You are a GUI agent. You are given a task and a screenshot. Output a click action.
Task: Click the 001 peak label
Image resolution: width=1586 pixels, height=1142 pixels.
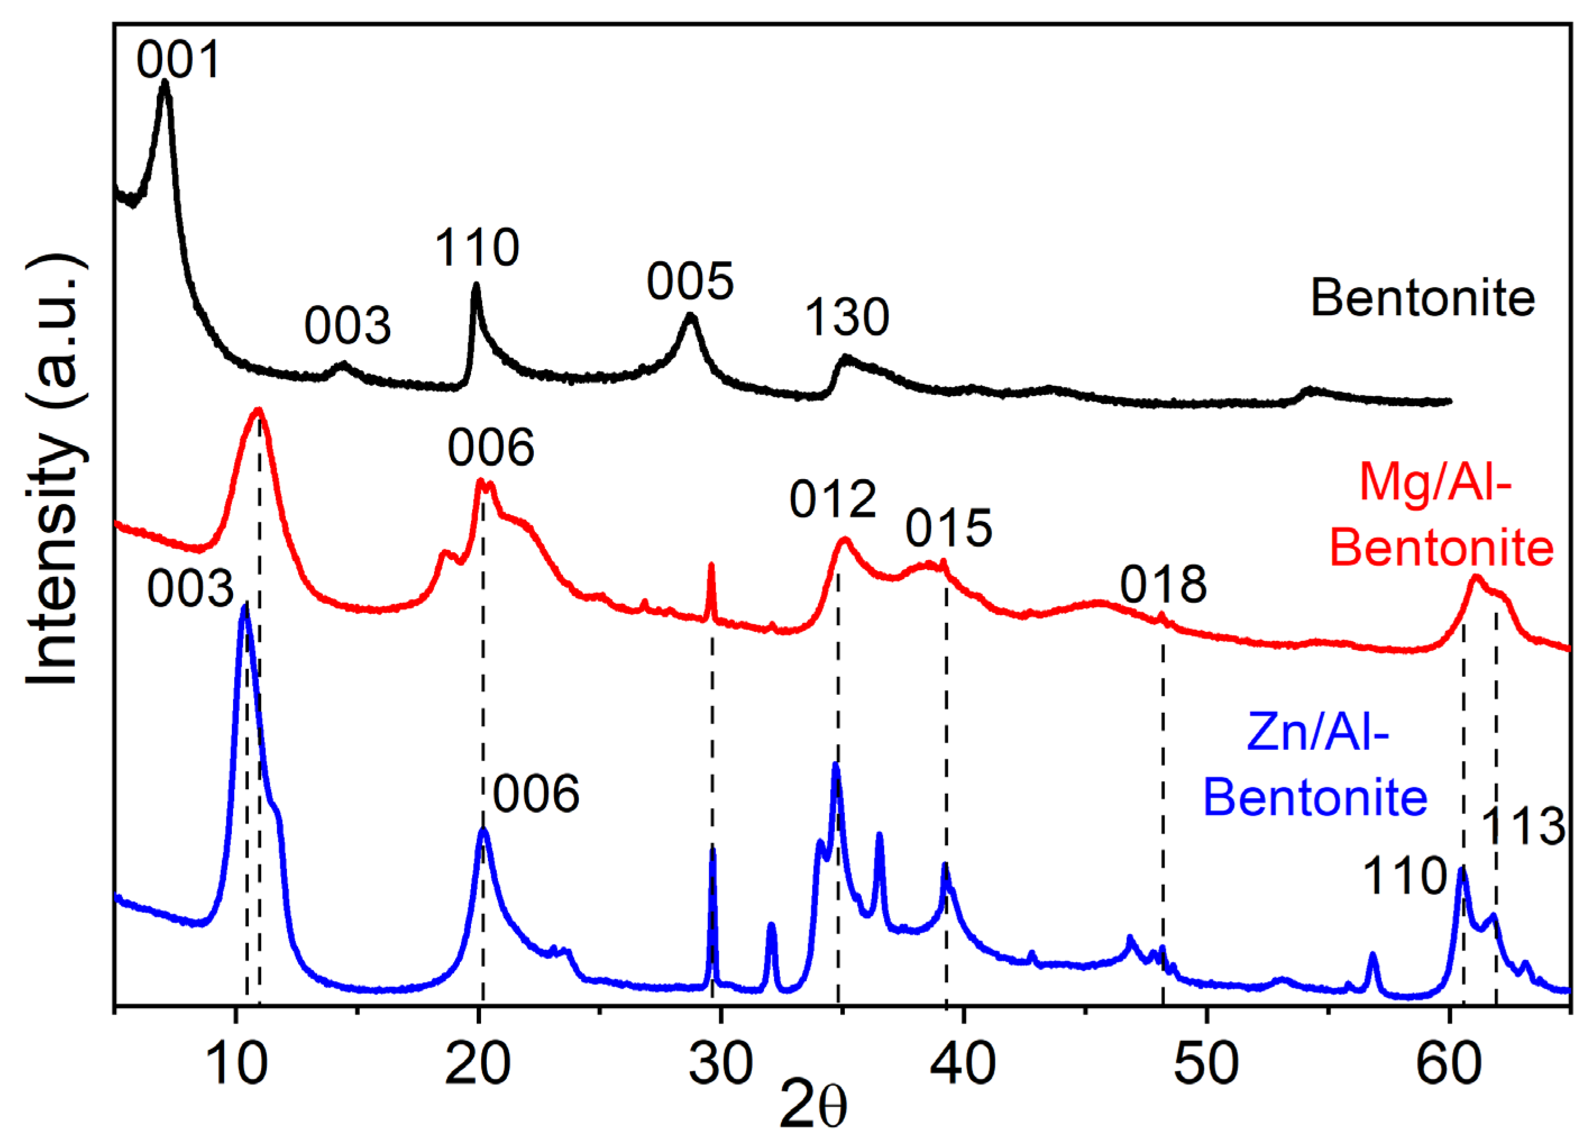pos(179,60)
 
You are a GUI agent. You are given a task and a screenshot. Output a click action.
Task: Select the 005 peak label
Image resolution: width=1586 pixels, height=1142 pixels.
pos(690,282)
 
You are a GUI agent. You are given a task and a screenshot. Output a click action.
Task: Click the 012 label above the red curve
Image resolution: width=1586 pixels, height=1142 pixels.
pos(833,501)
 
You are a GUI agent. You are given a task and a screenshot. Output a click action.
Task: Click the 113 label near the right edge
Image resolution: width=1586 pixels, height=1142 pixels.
pos(1524,826)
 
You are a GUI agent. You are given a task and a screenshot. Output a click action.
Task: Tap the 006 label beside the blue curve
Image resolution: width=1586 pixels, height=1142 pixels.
pos(536,794)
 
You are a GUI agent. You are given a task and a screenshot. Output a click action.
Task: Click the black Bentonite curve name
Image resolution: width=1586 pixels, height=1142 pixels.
pos(1423,299)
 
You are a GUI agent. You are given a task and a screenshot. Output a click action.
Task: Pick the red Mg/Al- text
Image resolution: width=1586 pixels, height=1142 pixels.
pos(1436,483)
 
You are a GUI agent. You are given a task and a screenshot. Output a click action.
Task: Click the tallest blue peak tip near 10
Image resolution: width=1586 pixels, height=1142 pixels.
pos(244,606)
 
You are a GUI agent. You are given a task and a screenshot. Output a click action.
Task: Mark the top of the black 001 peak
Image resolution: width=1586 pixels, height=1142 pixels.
pos(165,83)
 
